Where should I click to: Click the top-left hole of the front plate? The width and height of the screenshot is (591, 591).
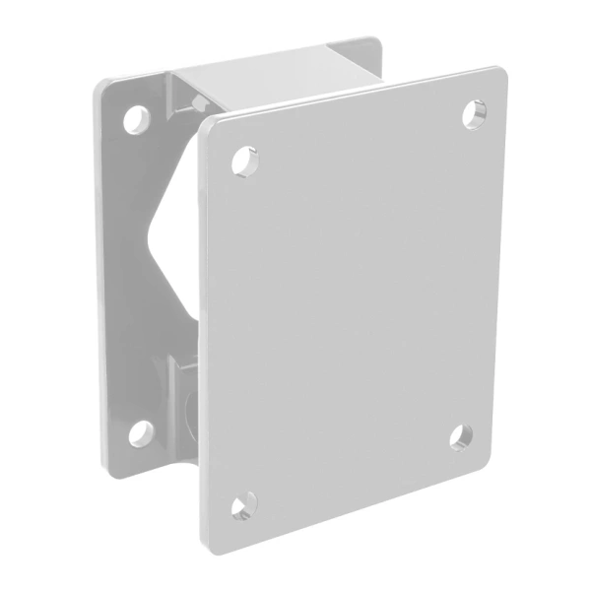243,159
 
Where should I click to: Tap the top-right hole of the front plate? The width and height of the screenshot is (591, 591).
475,113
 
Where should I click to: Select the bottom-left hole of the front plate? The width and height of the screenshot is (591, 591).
243,507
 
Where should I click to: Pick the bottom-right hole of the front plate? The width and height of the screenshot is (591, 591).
461,436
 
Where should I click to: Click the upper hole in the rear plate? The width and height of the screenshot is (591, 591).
135,119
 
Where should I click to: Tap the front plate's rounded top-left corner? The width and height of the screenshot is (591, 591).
205,125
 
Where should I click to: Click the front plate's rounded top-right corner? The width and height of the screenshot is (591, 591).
496,75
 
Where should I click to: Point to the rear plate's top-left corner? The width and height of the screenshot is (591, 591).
101,89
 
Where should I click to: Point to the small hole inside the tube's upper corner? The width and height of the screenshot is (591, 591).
190,98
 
